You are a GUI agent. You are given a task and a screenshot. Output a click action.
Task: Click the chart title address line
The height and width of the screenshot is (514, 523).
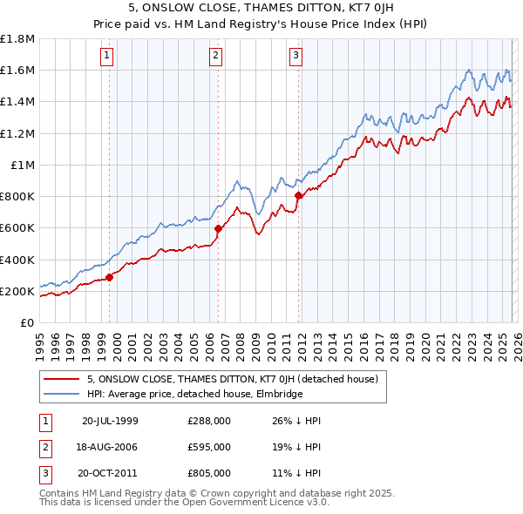pos(261,10)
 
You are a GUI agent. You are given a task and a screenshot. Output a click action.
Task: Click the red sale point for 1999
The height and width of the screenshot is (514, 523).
pos(110,278)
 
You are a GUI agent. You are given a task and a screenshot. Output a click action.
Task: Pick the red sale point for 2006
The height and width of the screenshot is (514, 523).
pos(218,229)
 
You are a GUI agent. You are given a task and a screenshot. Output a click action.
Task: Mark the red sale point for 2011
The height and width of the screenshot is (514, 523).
pos(298,196)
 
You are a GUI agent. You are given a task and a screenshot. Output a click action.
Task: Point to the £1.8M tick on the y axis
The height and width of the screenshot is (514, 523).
pos(17,38)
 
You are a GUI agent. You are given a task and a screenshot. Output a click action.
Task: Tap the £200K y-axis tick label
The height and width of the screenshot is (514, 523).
pos(17,291)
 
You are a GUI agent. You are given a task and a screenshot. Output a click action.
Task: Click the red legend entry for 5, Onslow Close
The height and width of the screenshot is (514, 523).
pos(232,379)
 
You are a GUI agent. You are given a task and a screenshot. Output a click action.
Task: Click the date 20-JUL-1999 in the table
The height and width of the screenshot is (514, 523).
pos(110,421)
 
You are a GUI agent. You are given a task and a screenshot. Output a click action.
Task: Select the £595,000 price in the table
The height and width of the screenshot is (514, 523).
pos(209,447)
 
